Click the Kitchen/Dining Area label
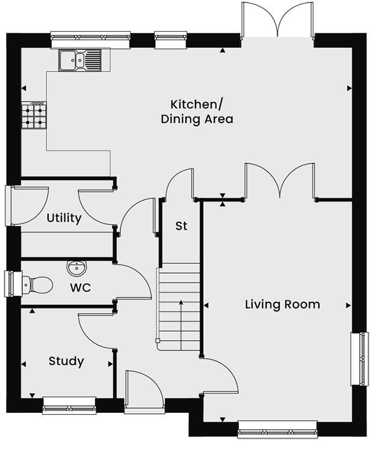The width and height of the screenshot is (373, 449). [197, 111]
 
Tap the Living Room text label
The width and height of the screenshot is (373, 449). [282, 304]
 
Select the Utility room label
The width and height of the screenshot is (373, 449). [64, 218]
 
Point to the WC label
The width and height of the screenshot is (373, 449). [80, 288]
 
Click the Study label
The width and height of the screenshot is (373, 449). [66, 361]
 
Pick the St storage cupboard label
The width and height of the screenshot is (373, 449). [181, 226]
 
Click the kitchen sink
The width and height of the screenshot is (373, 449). [81, 60]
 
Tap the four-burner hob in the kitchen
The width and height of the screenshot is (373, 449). [34, 115]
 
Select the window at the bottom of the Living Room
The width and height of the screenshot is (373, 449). [277, 428]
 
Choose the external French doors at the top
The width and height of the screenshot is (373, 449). [277, 24]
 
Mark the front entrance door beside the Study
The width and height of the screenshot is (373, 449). [143, 392]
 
